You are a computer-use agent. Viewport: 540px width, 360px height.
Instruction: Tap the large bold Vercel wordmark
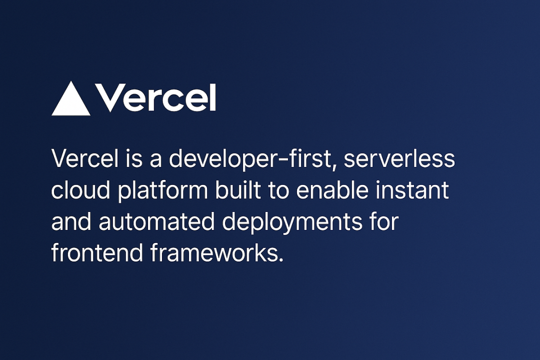coord(155,98)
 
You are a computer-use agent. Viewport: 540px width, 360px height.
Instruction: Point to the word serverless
coord(399,158)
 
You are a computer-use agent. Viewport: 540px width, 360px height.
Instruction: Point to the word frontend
coord(97,252)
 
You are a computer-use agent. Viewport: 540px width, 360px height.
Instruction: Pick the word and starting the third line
coord(71,221)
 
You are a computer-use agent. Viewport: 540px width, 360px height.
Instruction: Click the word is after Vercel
coord(134,159)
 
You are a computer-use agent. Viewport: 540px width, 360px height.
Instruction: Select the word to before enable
coord(278,190)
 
